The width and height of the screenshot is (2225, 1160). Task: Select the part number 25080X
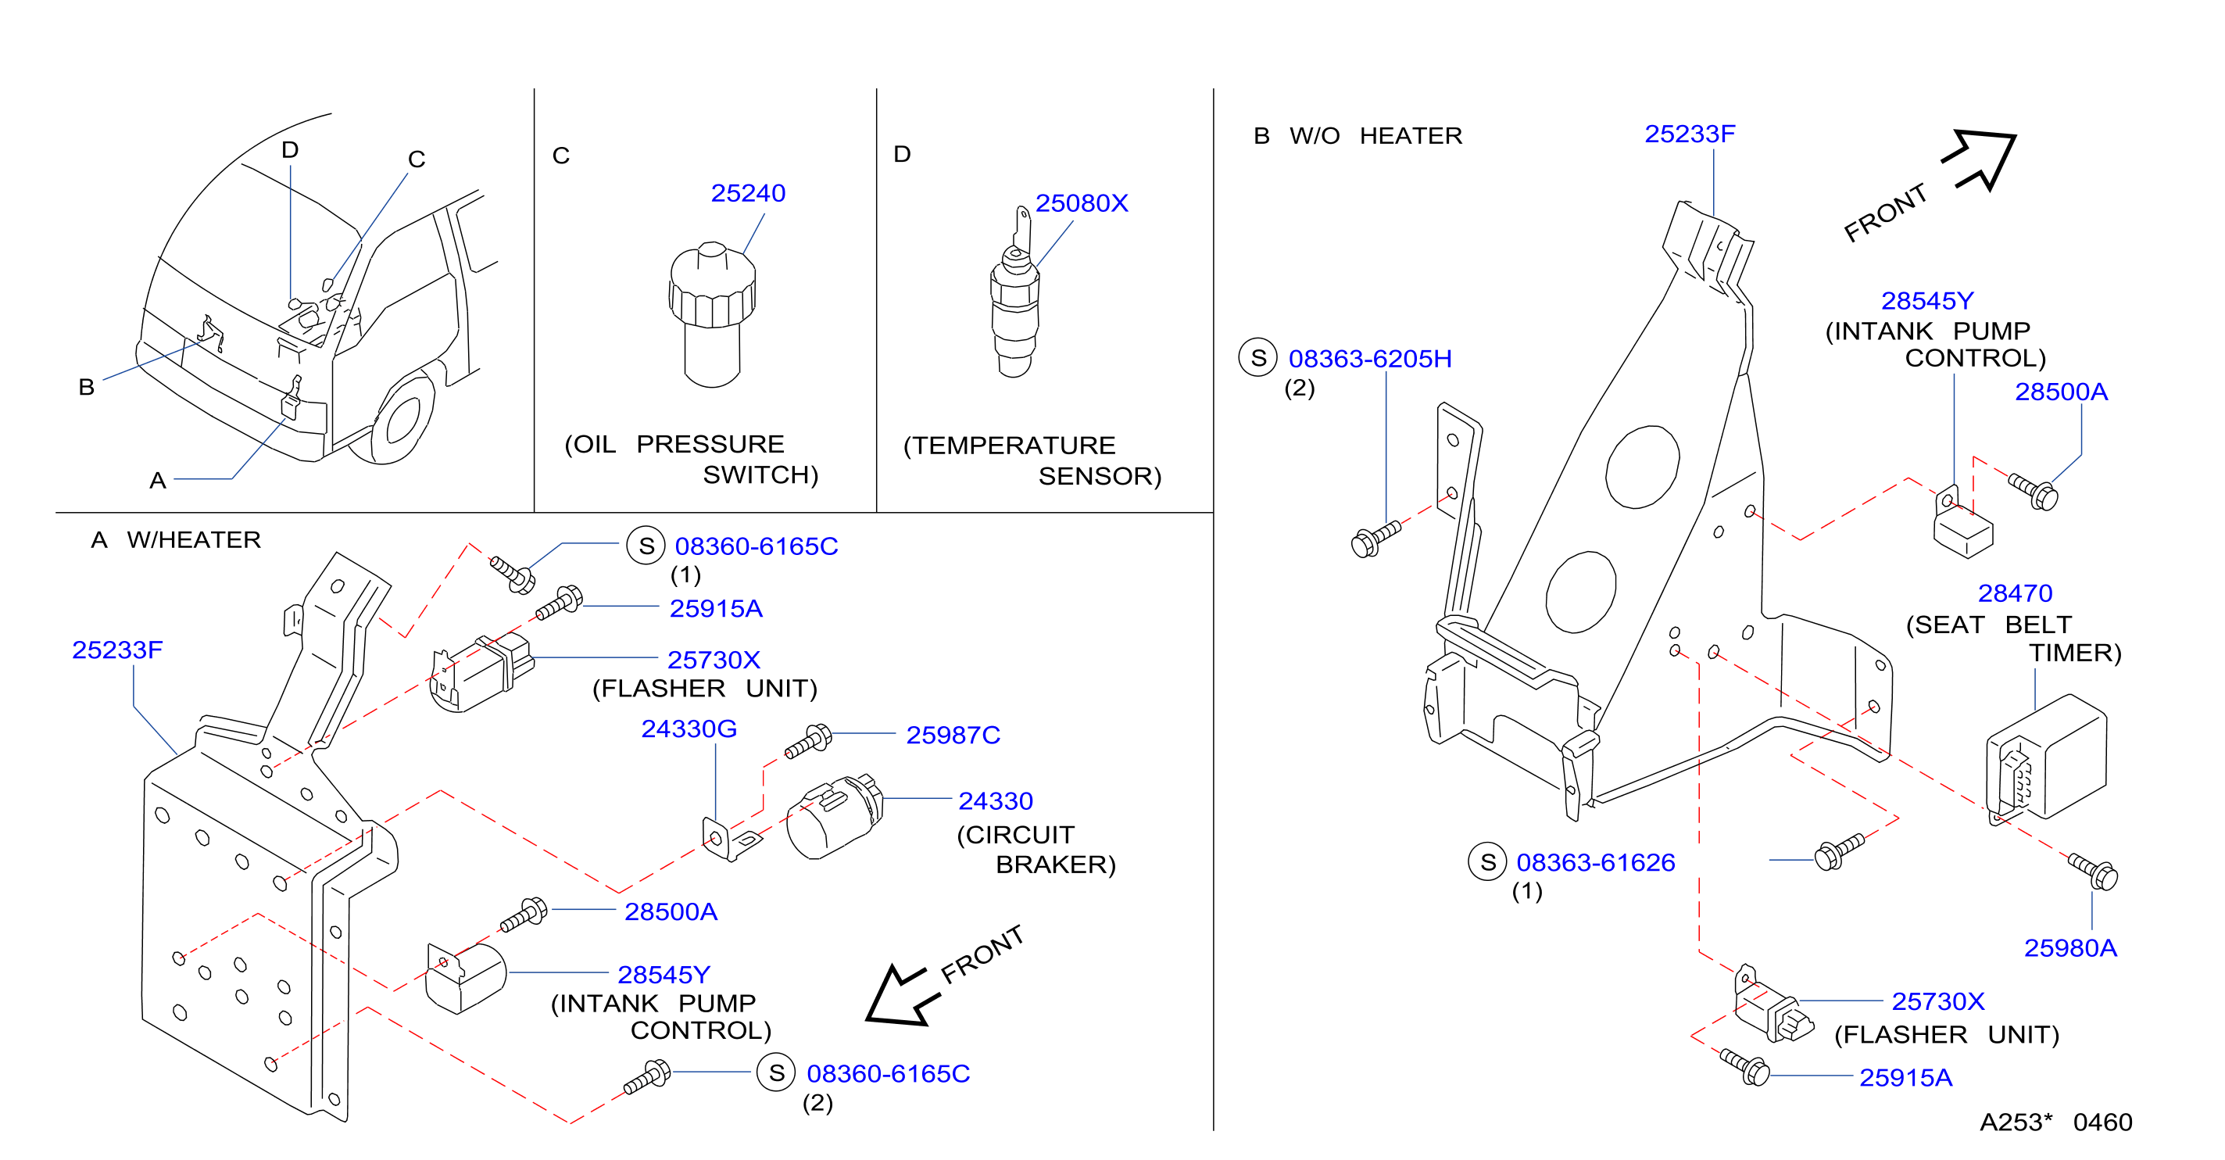click(x=1082, y=203)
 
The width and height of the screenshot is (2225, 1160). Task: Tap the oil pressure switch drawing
click(x=713, y=314)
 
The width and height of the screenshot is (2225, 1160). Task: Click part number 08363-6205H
click(x=1370, y=359)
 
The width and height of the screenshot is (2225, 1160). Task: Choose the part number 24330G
click(x=689, y=729)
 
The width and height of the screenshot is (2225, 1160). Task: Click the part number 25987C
click(x=953, y=735)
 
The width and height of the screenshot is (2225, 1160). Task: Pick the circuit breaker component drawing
click(x=835, y=816)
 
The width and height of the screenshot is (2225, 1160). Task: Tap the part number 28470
click(x=2015, y=593)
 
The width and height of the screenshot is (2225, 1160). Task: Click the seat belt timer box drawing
click(x=2046, y=757)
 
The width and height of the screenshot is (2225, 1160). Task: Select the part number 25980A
click(x=2070, y=948)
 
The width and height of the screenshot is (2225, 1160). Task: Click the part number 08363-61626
click(x=1595, y=862)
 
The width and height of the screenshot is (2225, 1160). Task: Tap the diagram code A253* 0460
click(x=2055, y=1122)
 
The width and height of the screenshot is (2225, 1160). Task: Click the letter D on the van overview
click(x=290, y=150)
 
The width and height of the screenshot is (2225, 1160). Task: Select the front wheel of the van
click(x=402, y=418)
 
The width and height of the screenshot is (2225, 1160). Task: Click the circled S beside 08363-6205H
click(x=1257, y=357)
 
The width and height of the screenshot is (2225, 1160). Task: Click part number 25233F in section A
click(x=116, y=650)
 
